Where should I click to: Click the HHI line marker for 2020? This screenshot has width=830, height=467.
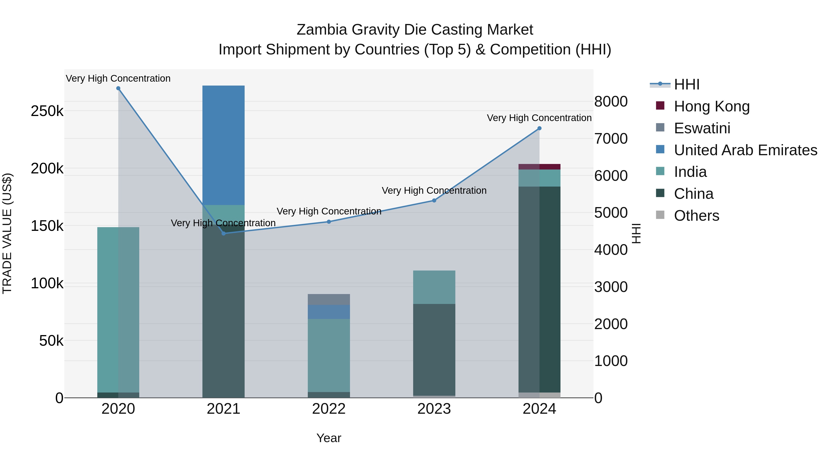point(118,88)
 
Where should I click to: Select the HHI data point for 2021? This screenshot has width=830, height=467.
point(224,233)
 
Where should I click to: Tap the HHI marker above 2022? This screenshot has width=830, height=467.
point(329,222)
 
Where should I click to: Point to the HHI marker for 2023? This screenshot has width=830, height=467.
point(434,200)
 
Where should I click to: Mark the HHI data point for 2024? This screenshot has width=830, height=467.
point(539,128)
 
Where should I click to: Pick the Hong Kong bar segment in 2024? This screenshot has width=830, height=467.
point(539,167)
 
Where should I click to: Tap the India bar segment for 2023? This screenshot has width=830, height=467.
point(434,287)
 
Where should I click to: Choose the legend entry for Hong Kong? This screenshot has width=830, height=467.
point(711,106)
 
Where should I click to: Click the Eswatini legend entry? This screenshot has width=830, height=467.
point(702,128)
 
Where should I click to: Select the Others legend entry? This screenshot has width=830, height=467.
point(696,216)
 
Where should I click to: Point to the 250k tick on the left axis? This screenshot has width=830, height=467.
point(47,111)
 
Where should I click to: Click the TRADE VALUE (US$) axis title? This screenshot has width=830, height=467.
point(7,233)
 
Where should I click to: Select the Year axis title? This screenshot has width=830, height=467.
point(329,438)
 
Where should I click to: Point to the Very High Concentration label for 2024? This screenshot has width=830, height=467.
point(539,118)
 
